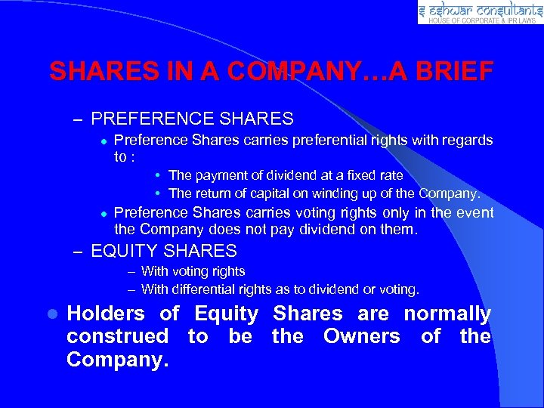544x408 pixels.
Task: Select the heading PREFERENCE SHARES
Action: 192,119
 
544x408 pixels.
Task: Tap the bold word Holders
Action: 105,314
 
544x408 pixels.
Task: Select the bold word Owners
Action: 361,336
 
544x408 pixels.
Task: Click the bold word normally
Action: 447,314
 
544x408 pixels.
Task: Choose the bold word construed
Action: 117,336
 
